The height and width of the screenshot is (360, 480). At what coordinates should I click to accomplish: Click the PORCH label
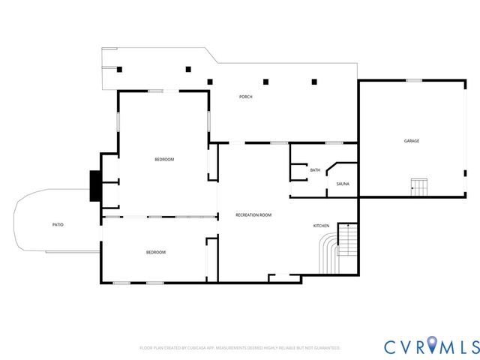click(x=245, y=97)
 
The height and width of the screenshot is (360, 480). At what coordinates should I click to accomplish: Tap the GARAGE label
click(x=412, y=141)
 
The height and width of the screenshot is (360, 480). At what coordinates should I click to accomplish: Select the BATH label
click(x=315, y=170)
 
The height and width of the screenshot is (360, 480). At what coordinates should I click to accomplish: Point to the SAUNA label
click(x=343, y=184)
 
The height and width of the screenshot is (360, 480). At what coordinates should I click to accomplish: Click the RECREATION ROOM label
click(x=253, y=215)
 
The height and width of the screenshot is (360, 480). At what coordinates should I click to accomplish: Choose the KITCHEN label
click(x=321, y=226)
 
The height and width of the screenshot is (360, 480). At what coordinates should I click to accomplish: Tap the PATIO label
click(x=58, y=225)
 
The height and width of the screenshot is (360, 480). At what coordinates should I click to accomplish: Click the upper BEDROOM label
click(x=164, y=159)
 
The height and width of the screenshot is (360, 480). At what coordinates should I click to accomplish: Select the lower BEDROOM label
click(x=155, y=252)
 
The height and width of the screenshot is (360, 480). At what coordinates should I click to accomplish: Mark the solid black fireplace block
click(x=94, y=187)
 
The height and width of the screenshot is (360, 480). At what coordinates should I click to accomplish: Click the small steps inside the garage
click(x=418, y=186)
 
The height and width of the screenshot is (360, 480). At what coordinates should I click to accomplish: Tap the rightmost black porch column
click(x=314, y=81)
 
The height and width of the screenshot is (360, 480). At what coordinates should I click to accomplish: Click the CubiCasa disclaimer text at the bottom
click(x=240, y=348)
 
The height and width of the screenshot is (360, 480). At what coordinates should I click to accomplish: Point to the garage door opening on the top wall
click(x=413, y=79)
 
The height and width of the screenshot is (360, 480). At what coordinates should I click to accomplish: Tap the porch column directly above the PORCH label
click(x=265, y=81)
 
